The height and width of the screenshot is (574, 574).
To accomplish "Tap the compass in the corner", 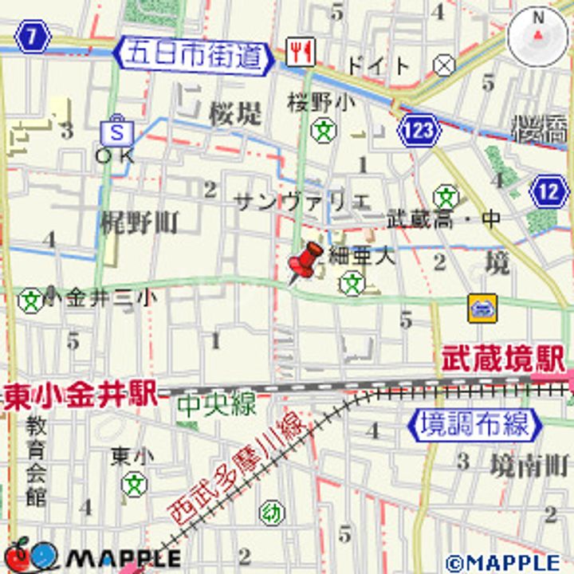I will point(537,36).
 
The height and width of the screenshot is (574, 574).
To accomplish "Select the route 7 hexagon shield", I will point(32,36).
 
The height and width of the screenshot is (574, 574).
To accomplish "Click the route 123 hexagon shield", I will point(419,128).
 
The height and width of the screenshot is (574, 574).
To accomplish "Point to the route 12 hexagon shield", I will point(548,192).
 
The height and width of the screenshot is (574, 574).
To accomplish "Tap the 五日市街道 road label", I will point(194,55).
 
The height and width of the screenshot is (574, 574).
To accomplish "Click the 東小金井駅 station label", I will point(78,395).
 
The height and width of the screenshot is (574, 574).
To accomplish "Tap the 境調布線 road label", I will point(474,423).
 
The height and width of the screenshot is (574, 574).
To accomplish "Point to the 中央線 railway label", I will point(216,404).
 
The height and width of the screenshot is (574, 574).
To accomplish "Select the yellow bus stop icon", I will point(482,307).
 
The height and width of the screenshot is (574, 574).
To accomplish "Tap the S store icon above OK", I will point(117,131).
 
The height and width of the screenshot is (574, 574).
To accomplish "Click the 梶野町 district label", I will point(140,223).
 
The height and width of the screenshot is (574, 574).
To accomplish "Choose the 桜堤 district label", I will point(235,114).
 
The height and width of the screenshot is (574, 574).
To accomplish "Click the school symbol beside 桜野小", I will point(323,129).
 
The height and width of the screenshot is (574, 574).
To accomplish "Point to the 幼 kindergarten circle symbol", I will point(271,513).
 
